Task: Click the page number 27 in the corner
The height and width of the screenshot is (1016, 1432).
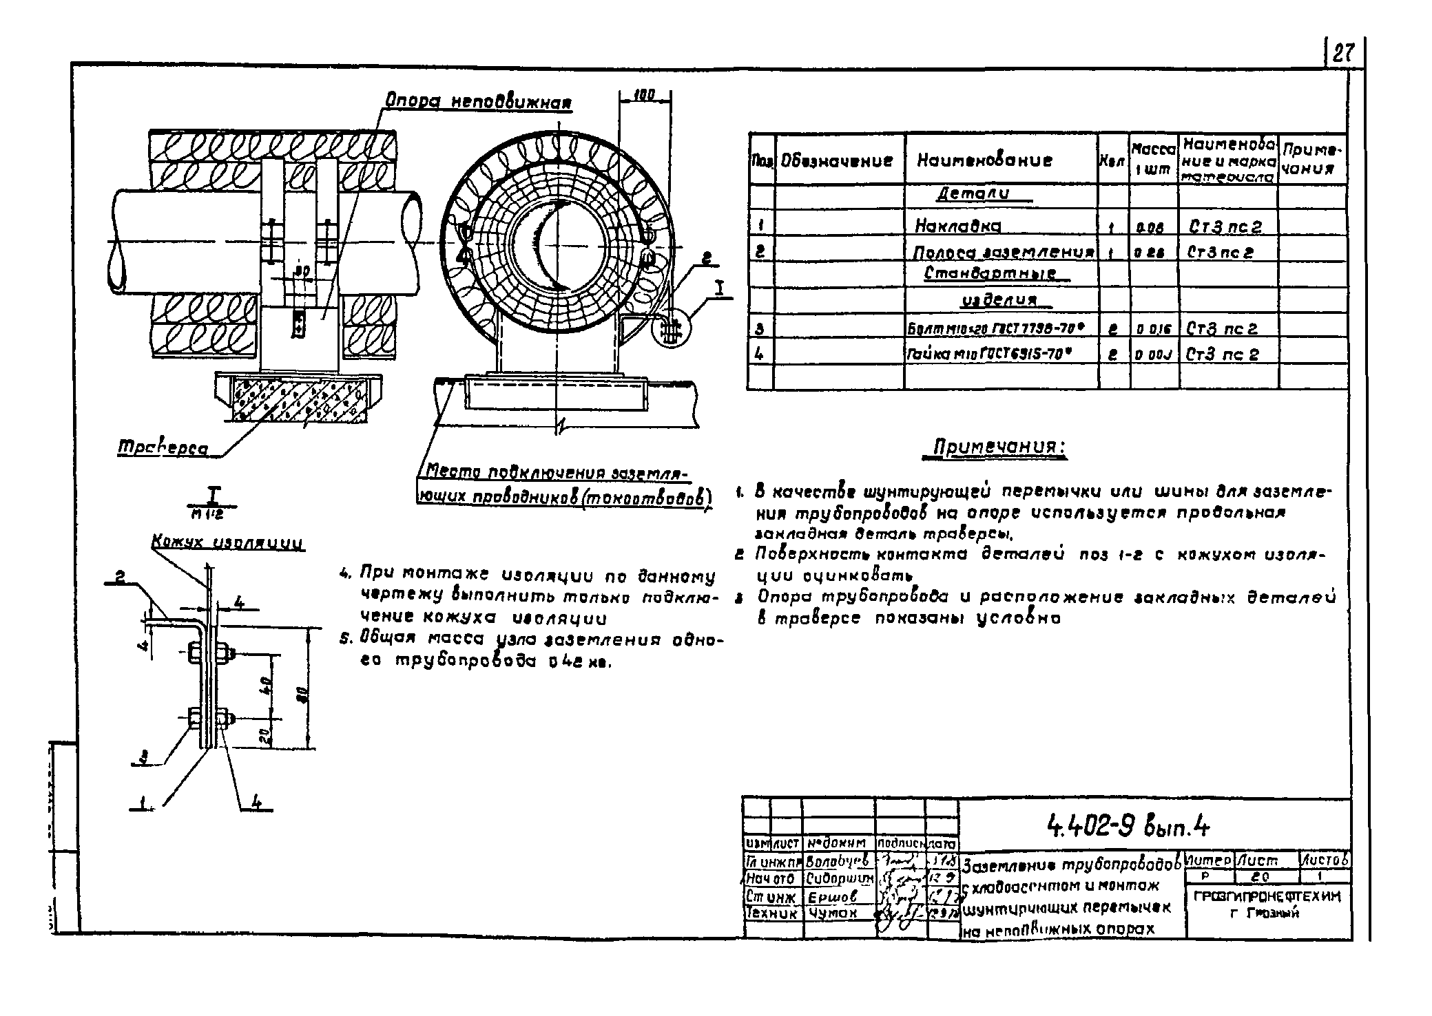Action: click(1343, 53)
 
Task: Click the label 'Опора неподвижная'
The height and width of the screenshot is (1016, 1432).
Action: click(479, 102)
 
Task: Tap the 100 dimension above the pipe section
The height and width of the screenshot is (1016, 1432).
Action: click(643, 95)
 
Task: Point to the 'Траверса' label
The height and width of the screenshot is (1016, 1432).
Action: click(163, 448)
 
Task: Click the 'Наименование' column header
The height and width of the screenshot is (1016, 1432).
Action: click(984, 160)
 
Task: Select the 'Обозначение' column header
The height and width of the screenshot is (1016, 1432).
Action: click(837, 160)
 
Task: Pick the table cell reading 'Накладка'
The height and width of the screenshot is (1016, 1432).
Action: click(957, 226)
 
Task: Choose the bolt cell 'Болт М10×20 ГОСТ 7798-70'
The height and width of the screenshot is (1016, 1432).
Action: click(1000, 329)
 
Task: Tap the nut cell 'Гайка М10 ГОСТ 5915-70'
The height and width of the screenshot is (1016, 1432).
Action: click(990, 354)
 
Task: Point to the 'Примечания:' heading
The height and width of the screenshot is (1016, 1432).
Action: click(999, 448)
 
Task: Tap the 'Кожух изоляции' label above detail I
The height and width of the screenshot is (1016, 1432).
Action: click(227, 544)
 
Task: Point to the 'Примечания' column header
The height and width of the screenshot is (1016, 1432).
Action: click(1312, 160)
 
